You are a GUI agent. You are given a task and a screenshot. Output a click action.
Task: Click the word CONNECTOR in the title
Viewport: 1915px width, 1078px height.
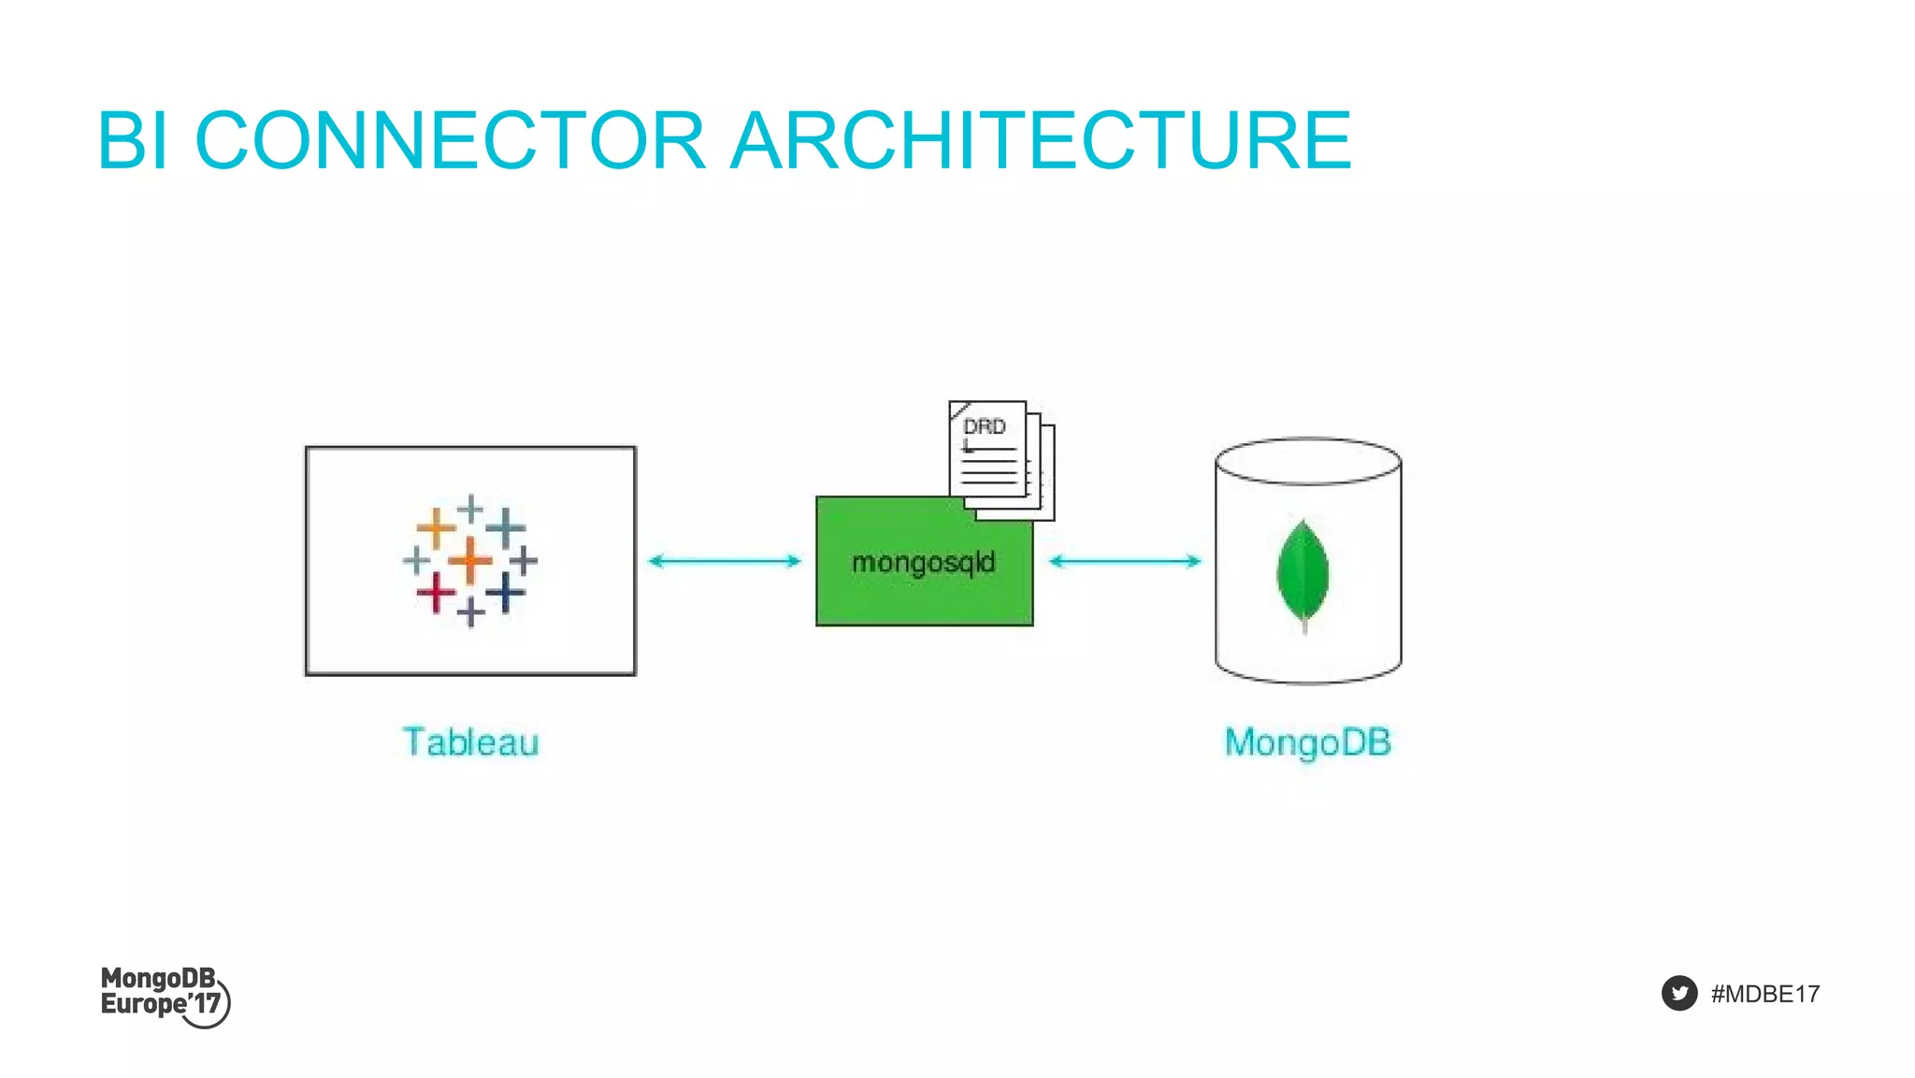click(x=449, y=140)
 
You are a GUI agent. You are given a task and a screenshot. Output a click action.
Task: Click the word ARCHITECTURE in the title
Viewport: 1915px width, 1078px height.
click(x=1040, y=140)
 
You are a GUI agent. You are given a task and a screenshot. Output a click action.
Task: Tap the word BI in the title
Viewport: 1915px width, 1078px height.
click(x=133, y=140)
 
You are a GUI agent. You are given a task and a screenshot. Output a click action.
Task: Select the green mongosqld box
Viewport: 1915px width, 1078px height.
click(x=879, y=598)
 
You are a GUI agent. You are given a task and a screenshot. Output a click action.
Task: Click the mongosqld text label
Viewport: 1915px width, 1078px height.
click(x=923, y=562)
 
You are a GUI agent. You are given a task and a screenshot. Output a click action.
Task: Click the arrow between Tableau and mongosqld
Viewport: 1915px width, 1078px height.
click(x=725, y=561)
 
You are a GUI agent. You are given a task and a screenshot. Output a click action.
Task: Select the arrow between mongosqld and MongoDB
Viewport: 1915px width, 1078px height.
click(x=1125, y=561)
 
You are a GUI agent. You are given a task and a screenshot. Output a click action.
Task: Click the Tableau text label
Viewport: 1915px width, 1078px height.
click(x=471, y=742)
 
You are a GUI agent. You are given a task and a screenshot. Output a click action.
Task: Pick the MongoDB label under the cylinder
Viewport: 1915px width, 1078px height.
click(x=1307, y=742)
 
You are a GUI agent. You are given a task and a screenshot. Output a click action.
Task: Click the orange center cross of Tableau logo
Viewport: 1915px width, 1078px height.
click(x=470, y=560)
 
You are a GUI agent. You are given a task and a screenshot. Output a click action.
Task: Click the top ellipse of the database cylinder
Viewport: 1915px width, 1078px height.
click(x=1307, y=461)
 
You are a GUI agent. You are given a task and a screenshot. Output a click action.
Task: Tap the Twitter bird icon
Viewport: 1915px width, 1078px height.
click(x=1678, y=993)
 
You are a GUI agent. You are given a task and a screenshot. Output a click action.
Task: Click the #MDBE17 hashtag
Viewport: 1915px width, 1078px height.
click(x=1764, y=994)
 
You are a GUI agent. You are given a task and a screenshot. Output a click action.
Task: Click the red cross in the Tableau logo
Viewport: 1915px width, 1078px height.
click(x=436, y=593)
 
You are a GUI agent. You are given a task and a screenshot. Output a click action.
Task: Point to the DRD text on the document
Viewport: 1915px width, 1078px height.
click(x=984, y=427)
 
